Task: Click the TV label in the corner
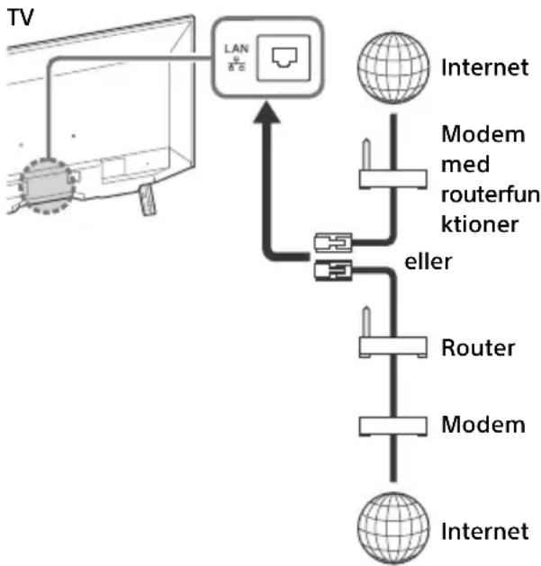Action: pos(20,17)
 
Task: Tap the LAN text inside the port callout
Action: pos(237,49)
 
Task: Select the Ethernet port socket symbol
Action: pos(284,58)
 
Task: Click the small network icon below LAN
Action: pos(237,64)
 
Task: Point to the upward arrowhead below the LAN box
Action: pos(266,112)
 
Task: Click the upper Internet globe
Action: pos(393,67)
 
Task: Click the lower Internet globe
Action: pos(393,527)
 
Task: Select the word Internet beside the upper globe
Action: pos(484,67)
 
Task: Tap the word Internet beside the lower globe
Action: pos(484,531)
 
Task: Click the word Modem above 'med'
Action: pos(483,134)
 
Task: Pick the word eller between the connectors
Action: pos(428,261)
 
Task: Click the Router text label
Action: pos(478,347)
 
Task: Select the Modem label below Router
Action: pos(483,425)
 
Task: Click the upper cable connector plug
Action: pos(333,242)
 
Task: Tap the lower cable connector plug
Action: pos(333,270)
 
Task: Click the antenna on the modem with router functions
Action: pos(366,155)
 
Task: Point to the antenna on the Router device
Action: pos(366,322)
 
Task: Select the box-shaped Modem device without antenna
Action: pos(393,427)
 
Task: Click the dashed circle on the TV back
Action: pos(48,186)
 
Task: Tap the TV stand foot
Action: pos(148,200)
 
